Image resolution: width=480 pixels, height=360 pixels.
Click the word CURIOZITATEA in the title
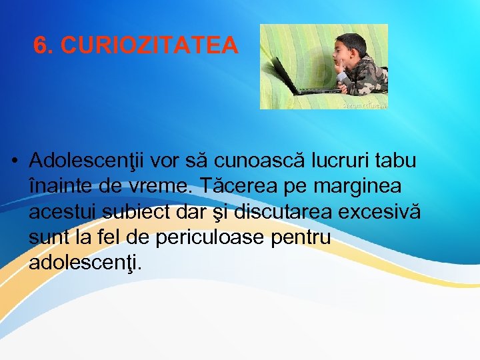[148, 45]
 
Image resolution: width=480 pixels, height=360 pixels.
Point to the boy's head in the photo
[352, 48]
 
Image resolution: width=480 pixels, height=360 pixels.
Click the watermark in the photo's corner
[363, 105]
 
